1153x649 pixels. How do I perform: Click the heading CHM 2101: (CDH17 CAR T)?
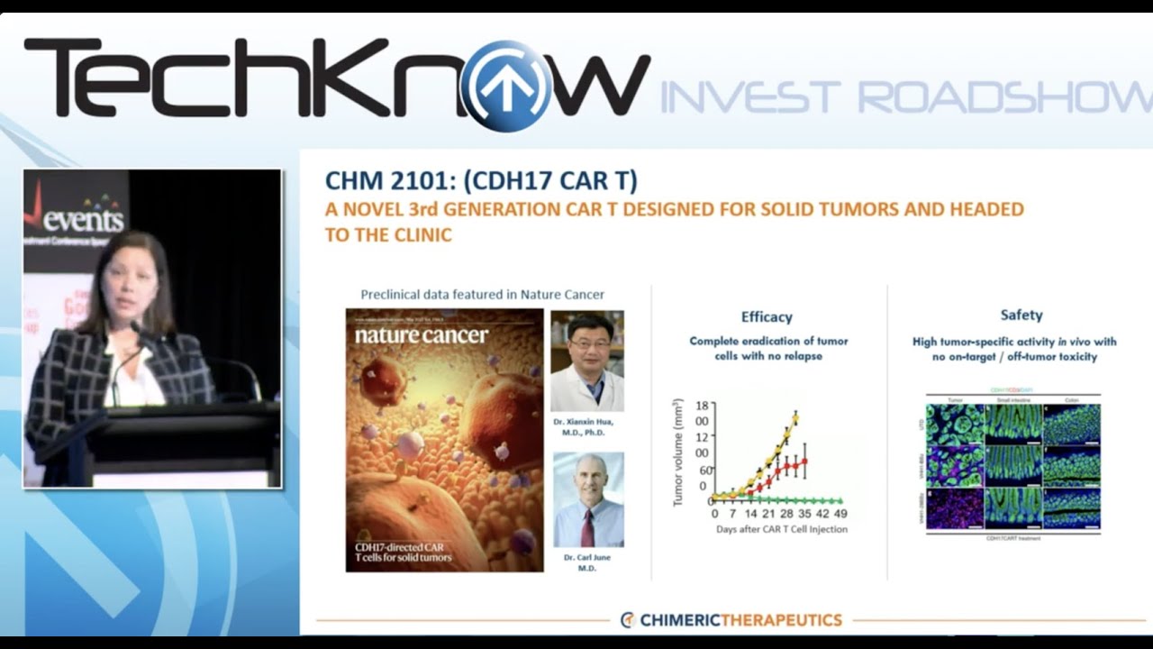pyautogui.click(x=481, y=181)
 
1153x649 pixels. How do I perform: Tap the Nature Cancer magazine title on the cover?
pyautogui.click(x=421, y=336)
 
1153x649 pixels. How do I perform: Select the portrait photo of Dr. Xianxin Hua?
pyautogui.click(x=586, y=361)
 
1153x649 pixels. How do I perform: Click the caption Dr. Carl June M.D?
pyautogui.click(x=587, y=563)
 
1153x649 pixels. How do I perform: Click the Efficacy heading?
pyautogui.click(x=767, y=316)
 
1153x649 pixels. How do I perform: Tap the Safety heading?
pyautogui.click(x=1021, y=315)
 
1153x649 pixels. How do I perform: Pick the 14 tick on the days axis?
pyautogui.click(x=750, y=514)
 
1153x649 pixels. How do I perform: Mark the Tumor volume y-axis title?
pyautogui.click(x=678, y=451)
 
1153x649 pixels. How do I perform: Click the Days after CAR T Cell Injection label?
pyautogui.click(x=782, y=529)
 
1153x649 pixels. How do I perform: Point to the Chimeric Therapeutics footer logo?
pyautogui.click(x=731, y=619)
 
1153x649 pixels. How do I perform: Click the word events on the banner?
pyautogui.click(x=86, y=219)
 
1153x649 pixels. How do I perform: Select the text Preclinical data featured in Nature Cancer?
pyautogui.click(x=482, y=295)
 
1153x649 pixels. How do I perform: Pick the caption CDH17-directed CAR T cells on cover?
pyautogui.click(x=403, y=552)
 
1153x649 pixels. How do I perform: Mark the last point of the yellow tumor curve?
pyautogui.click(x=795, y=415)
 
